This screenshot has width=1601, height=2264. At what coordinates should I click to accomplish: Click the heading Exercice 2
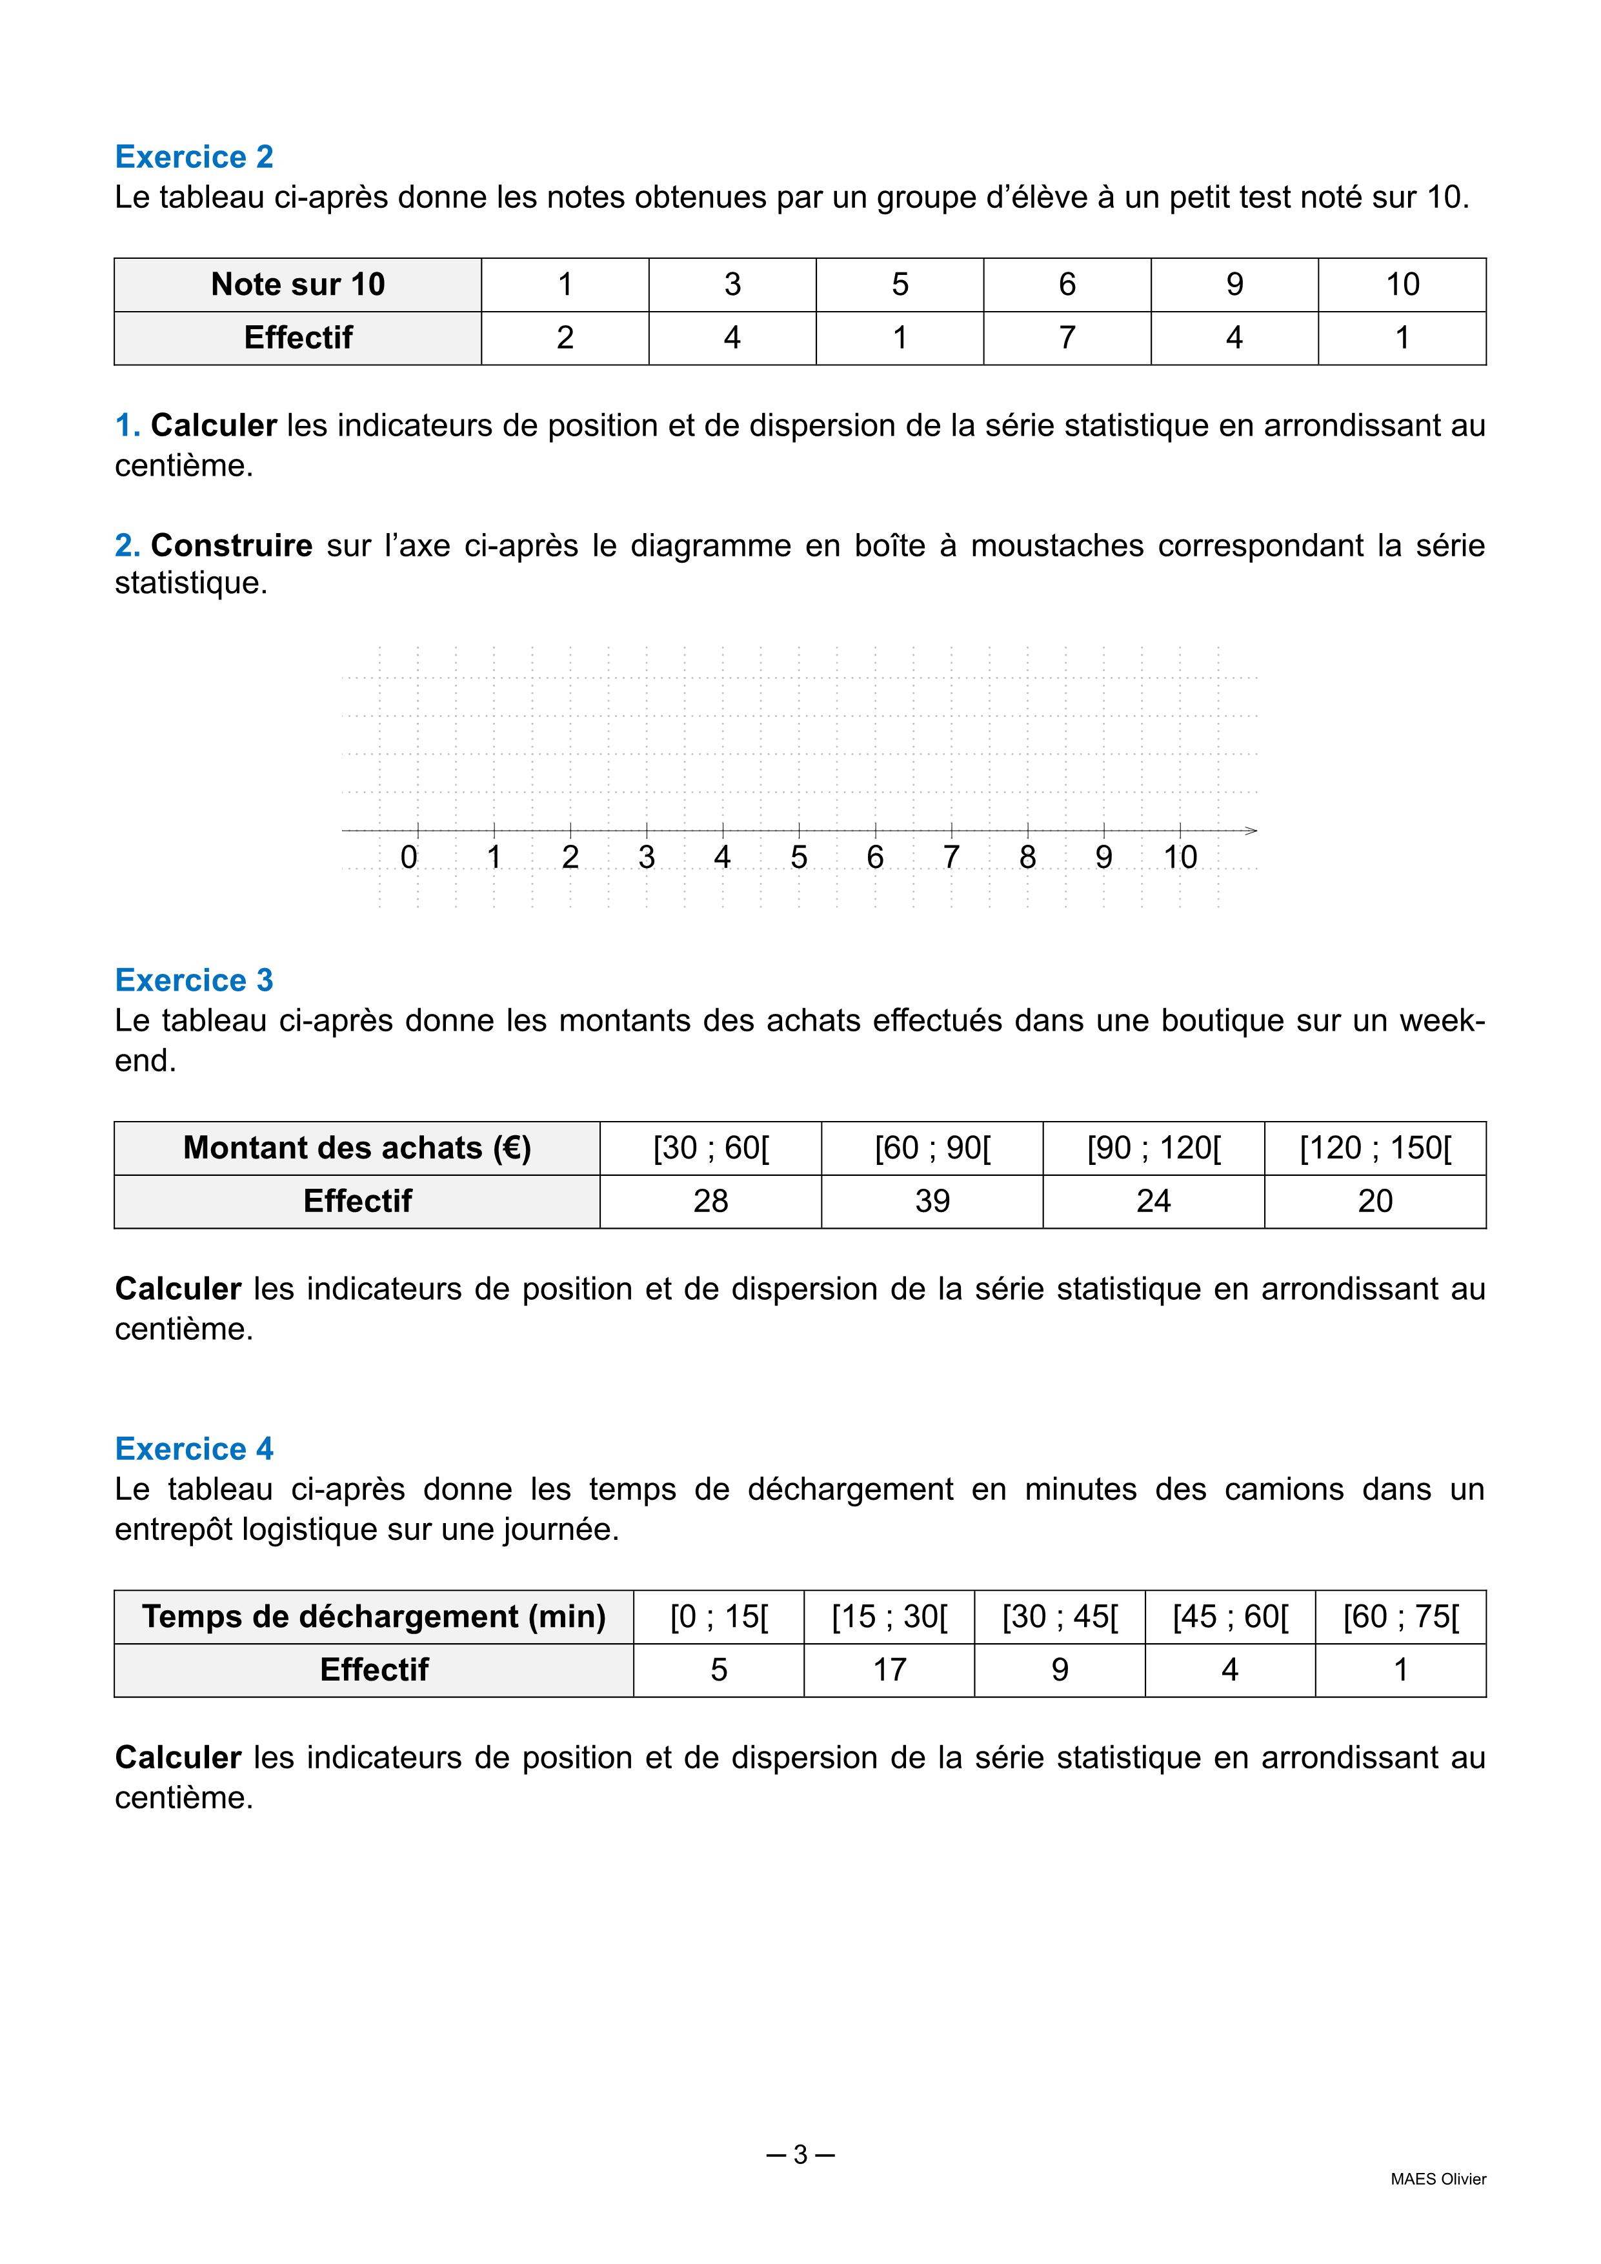click(x=194, y=157)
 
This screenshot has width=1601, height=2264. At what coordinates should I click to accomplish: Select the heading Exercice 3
click(x=194, y=980)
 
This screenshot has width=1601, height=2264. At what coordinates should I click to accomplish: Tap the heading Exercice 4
click(x=194, y=1448)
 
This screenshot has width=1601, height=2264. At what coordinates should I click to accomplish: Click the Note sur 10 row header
click(x=297, y=285)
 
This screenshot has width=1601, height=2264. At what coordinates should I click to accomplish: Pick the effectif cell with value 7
click(x=1067, y=338)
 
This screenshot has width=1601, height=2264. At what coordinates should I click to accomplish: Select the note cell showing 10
click(x=1402, y=285)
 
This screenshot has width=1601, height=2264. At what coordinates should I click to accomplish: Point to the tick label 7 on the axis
click(x=951, y=858)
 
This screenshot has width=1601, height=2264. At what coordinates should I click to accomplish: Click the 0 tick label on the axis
click(x=409, y=858)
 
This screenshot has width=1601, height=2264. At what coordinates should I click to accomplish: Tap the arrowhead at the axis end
click(x=1251, y=830)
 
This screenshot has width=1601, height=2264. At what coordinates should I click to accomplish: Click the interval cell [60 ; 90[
click(x=932, y=1147)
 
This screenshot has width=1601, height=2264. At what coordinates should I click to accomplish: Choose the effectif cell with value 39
click(x=932, y=1201)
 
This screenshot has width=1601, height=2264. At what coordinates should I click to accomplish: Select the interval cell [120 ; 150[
click(x=1375, y=1147)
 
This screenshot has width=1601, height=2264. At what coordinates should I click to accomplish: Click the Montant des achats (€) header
click(x=357, y=1147)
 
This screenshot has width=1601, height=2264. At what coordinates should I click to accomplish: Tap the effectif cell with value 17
click(x=889, y=1670)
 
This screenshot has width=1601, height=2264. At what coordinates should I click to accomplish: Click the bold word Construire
click(x=232, y=545)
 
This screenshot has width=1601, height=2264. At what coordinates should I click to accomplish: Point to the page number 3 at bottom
click(x=800, y=2154)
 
